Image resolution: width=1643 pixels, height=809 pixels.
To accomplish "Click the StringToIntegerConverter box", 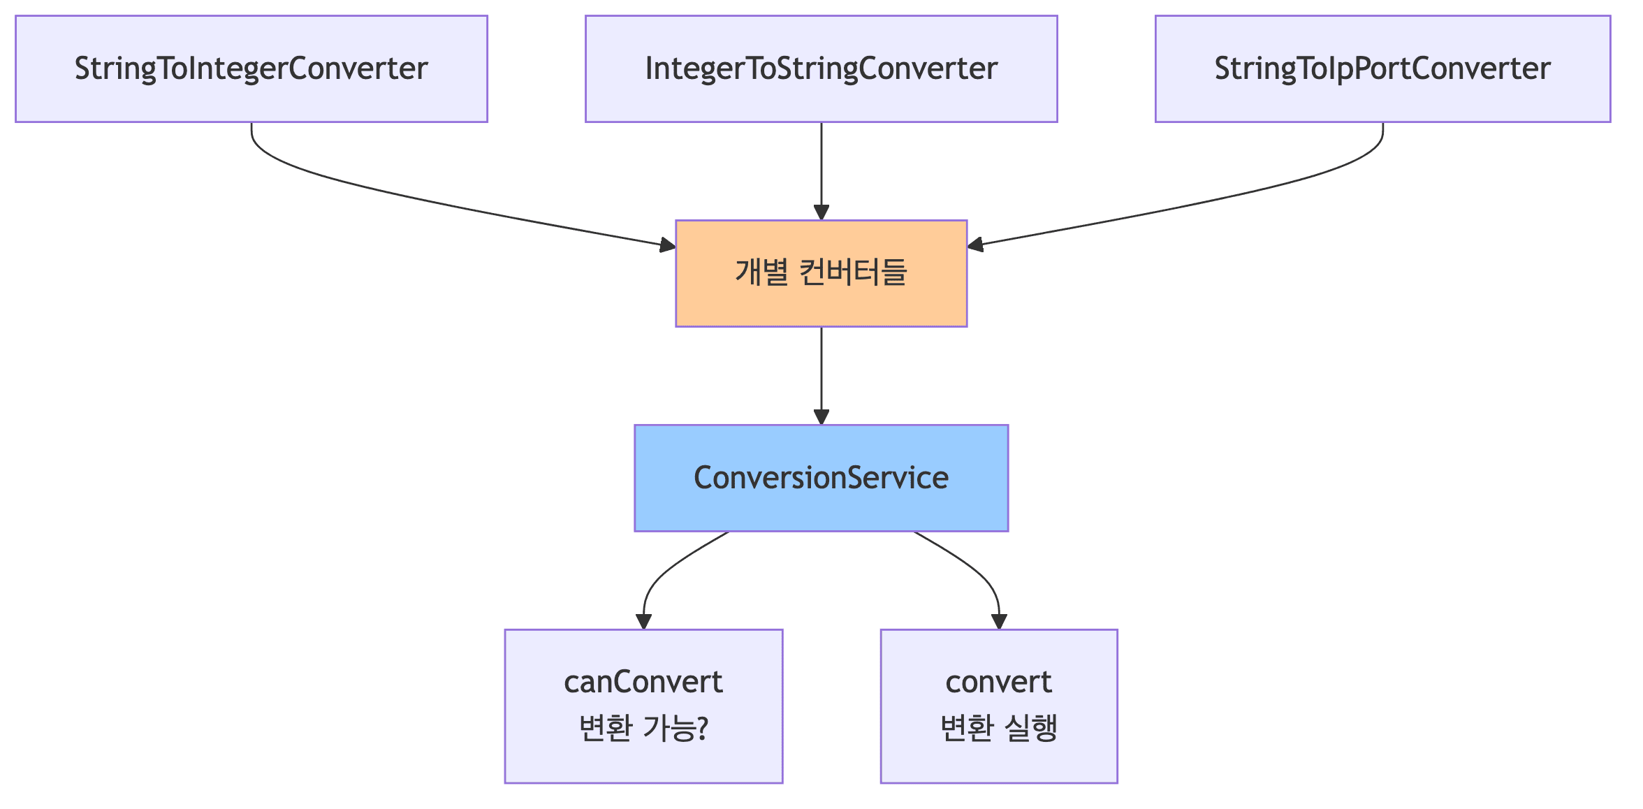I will [x=251, y=69].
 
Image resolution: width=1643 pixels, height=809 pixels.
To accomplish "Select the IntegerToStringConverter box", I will [x=821, y=69].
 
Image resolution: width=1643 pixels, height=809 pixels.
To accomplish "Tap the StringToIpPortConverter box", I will [x=1382, y=69].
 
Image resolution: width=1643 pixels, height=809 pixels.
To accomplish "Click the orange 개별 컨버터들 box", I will [x=821, y=273].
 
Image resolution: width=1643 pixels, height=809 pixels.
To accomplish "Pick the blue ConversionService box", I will [x=821, y=478].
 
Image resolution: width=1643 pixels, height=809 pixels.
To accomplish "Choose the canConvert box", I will [x=643, y=706].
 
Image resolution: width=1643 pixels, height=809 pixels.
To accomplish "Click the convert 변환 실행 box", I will [x=998, y=706].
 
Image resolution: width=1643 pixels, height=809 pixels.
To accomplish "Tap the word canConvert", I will [x=643, y=683].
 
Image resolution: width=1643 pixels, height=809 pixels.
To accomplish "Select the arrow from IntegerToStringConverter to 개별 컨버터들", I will [x=821, y=168].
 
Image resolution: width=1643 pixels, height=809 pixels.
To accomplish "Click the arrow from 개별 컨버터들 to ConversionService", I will [x=821, y=374].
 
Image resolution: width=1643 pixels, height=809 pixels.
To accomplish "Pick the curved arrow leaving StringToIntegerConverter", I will [x=419, y=199].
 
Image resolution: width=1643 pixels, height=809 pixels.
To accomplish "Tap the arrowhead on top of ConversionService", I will [x=821, y=417].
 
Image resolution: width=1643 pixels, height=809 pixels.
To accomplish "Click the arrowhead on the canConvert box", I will [x=643, y=621].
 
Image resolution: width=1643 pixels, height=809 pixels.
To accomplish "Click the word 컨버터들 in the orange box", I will [x=852, y=272].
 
